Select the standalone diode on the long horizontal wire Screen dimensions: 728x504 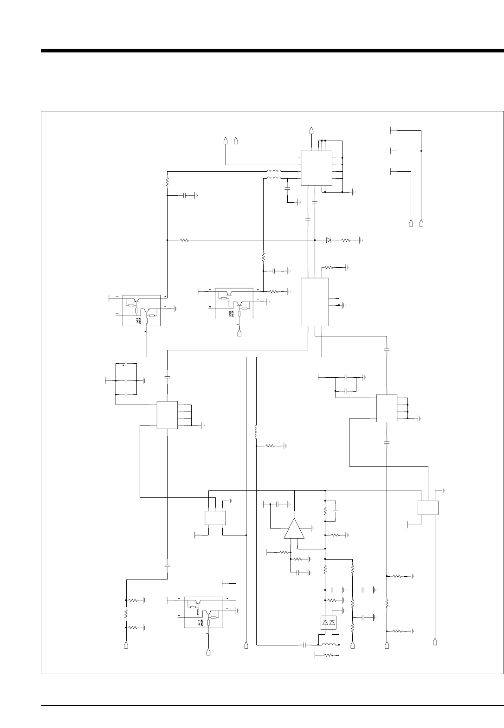coord(329,240)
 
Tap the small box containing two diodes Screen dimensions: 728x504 coord(328,622)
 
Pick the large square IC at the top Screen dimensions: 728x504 coord(316,168)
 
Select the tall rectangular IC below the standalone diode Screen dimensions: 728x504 coord(315,302)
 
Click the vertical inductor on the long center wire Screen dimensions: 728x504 coord(256,432)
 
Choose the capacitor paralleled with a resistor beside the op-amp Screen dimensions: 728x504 coord(337,510)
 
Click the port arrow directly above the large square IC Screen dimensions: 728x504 coord(311,129)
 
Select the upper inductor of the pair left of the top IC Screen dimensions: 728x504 coord(274,171)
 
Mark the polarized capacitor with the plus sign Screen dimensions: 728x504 coord(126,365)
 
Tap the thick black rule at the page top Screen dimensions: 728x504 coord(272,51)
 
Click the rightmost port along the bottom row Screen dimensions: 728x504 coord(435,642)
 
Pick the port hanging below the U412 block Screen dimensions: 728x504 coord(208,652)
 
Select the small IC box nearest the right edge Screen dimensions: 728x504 coord(428,508)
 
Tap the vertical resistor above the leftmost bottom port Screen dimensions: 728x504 coord(126,613)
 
